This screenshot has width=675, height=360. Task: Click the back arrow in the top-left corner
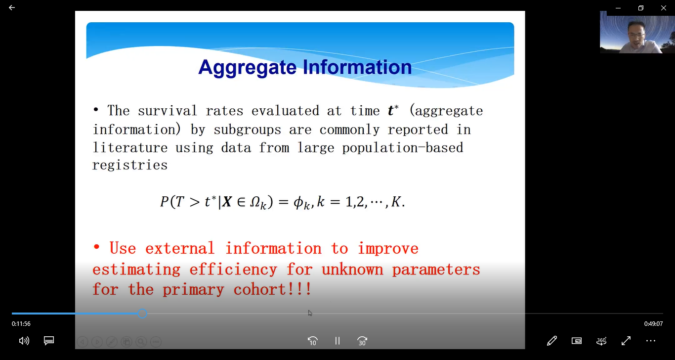[12, 7]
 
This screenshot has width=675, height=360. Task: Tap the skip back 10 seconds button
[312, 341]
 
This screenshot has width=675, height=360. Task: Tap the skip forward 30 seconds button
[362, 341]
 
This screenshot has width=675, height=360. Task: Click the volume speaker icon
[24, 341]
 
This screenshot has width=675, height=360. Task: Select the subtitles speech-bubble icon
[49, 341]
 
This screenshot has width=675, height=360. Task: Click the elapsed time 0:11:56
[21, 324]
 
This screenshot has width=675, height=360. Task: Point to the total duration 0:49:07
[653, 324]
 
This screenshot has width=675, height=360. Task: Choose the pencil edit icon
[552, 341]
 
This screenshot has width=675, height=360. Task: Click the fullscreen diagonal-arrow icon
[626, 341]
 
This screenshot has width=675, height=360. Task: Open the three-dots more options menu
[651, 341]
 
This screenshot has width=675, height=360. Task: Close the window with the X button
[664, 8]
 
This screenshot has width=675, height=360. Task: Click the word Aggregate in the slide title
[248, 68]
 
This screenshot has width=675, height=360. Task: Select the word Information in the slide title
[357, 67]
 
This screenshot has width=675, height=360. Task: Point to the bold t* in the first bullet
[393, 110]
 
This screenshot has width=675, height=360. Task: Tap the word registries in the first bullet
[130, 166]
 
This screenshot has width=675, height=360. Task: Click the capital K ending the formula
[396, 202]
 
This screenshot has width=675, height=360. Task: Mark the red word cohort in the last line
[259, 289]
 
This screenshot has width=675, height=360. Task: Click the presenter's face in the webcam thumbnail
[636, 35]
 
